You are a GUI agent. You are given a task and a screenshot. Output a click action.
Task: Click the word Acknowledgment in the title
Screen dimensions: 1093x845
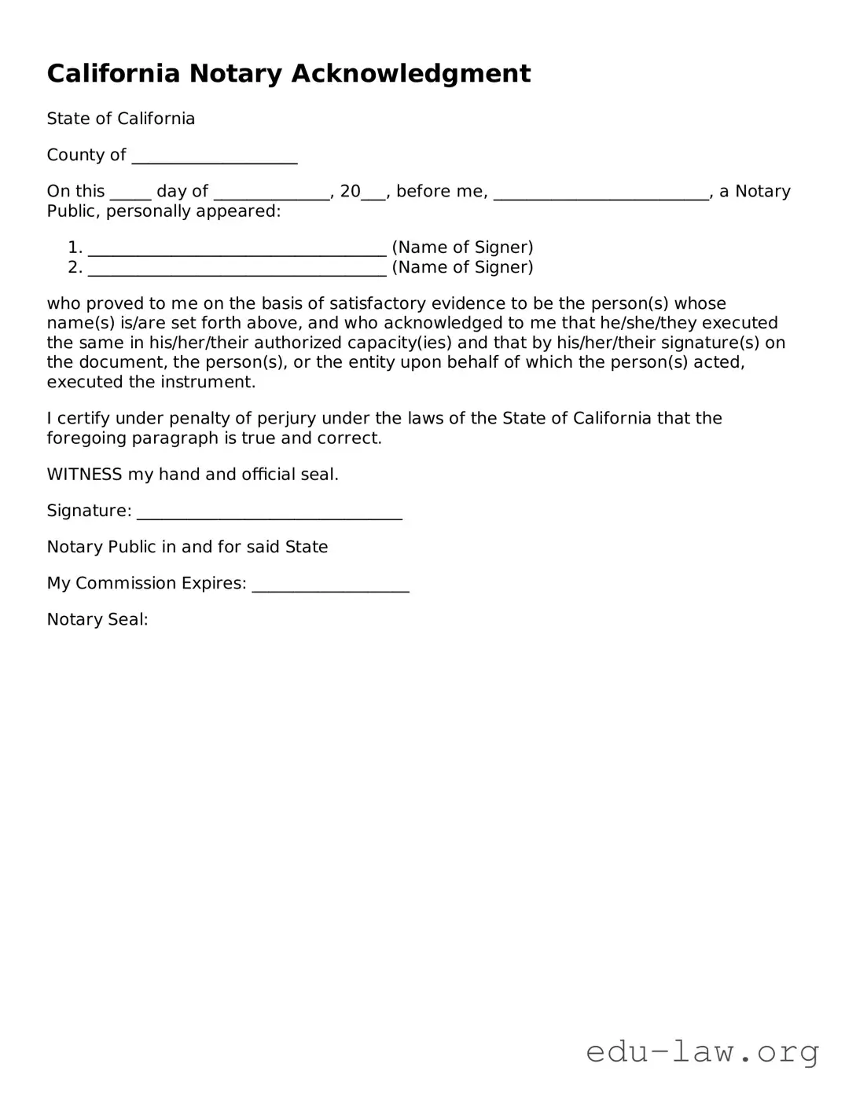(x=411, y=74)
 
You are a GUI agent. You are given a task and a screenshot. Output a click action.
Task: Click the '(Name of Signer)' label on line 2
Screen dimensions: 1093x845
(x=462, y=268)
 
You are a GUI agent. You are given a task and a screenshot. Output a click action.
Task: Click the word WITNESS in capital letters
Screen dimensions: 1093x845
(x=84, y=475)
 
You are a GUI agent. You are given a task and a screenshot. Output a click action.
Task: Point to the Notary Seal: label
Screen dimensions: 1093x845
(x=97, y=619)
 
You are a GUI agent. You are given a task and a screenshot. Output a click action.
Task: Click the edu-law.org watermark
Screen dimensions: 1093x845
(x=702, y=1051)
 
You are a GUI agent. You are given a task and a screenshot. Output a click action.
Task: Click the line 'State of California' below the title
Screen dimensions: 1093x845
(x=120, y=119)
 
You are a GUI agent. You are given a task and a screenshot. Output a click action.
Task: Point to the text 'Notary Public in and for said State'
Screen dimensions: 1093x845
(x=187, y=547)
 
